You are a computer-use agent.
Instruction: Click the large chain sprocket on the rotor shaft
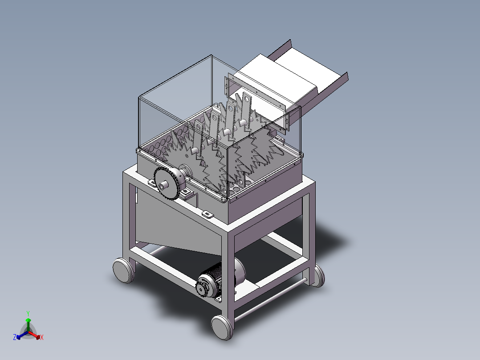click(166, 183)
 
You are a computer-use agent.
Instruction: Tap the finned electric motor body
click(221, 278)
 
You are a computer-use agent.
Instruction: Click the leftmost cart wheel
click(123, 270)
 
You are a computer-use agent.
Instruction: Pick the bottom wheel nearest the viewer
click(222, 327)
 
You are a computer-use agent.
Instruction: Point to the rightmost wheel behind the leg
click(319, 276)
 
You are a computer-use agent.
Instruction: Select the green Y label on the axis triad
click(28, 313)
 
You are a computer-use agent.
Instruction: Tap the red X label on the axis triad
click(42, 337)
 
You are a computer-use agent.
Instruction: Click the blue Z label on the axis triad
click(15, 337)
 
